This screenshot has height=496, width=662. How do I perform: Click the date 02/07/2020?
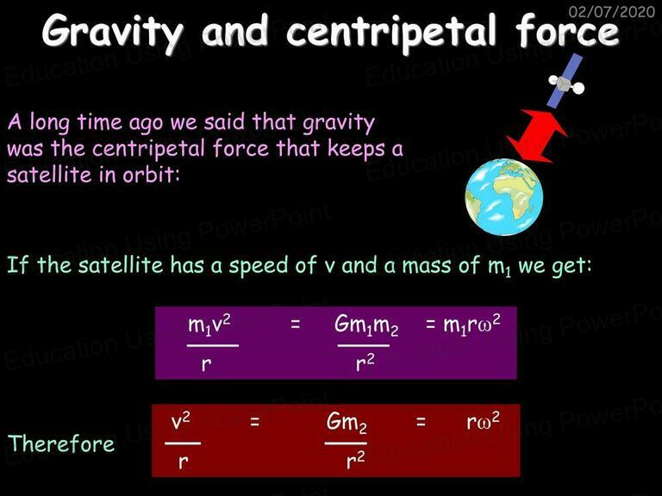[612, 11]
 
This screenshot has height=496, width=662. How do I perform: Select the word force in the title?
[567, 30]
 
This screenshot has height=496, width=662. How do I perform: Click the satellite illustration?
[565, 81]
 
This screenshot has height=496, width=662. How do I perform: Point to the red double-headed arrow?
[537, 136]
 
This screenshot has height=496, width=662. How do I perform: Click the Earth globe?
[504, 196]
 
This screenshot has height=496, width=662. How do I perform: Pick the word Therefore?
[61, 443]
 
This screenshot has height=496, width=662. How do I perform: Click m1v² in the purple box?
[209, 325]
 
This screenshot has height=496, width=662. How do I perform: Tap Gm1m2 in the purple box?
[366, 325]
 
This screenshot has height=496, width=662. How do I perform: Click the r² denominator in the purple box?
[365, 363]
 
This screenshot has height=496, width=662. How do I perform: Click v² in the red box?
[181, 422]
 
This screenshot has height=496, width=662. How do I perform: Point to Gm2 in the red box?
[347, 423]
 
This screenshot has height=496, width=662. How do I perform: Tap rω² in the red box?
[483, 421]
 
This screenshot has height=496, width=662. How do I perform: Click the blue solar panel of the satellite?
[565, 81]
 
